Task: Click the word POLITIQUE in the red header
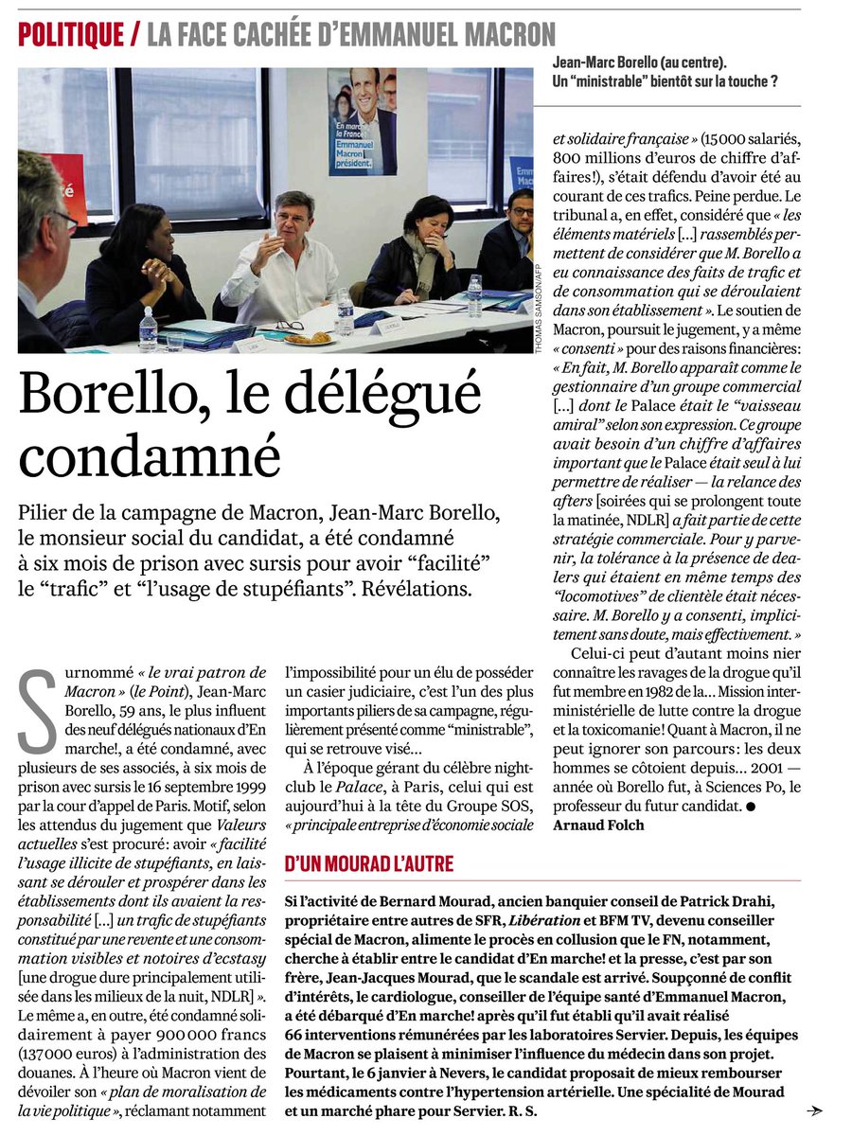pos(71,35)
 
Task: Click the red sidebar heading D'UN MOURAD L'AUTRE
pos(369,863)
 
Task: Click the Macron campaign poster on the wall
pos(363,121)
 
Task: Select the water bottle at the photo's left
pos(148,329)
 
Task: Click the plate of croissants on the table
pos(309,337)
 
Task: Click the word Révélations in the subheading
pos(414,588)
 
